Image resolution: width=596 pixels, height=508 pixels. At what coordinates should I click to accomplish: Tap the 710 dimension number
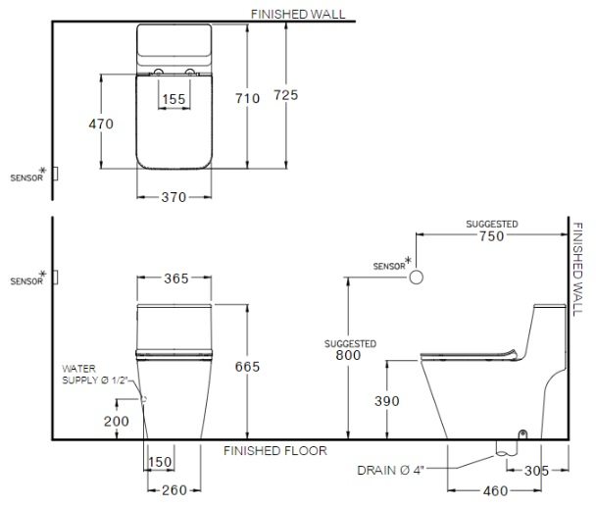tap(248, 98)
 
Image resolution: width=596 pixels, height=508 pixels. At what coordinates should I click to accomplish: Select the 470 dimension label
tap(100, 125)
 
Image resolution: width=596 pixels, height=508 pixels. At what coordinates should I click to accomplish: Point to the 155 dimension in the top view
tap(174, 98)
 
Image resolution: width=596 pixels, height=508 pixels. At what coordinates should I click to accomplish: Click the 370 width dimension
tap(174, 197)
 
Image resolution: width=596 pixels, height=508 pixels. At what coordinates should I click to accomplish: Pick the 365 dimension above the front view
tap(175, 279)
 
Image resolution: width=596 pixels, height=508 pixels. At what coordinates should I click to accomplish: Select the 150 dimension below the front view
tap(161, 462)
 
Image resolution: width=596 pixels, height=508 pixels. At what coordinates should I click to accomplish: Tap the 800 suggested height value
tap(349, 355)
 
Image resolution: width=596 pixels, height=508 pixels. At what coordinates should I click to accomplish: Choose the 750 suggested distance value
tap(491, 235)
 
